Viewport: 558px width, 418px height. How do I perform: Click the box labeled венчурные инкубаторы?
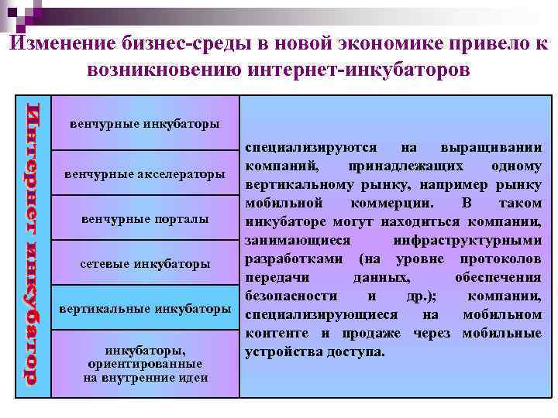point(145,124)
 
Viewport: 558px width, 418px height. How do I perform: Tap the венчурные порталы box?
point(145,219)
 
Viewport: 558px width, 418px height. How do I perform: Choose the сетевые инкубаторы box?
point(145,264)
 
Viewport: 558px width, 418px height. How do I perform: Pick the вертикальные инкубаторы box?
point(145,309)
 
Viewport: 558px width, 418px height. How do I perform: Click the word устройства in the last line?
point(282,352)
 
